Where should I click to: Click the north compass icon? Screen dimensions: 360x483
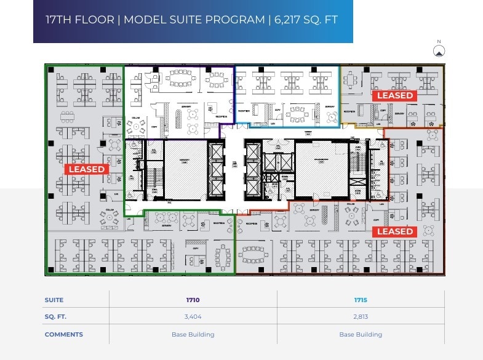(x=439, y=51)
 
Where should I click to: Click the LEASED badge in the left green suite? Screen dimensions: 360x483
(x=87, y=169)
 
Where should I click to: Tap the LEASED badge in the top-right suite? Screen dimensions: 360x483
(x=394, y=95)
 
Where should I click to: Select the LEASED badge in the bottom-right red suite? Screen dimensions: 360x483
(x=394, y=231)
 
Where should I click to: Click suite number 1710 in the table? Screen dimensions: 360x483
(x=193, y=300)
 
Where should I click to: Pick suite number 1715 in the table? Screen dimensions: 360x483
(x=361, y=300)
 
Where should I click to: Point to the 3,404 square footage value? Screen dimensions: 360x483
(x=193, y=317)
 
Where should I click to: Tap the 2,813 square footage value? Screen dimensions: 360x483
(x=361, y=317)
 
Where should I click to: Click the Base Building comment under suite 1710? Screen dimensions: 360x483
(x=193, y=335)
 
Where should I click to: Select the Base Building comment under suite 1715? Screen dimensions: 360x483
(x=361, y=335)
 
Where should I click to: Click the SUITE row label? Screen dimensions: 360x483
(x=54, y=300)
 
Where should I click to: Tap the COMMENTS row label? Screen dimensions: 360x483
(x=63, y=335)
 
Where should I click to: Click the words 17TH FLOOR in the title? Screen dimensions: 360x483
(x=80, y=20)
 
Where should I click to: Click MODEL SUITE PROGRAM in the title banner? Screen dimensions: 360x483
(x=194, y=20)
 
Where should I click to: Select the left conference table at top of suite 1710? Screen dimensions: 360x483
(x=180, y=79)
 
